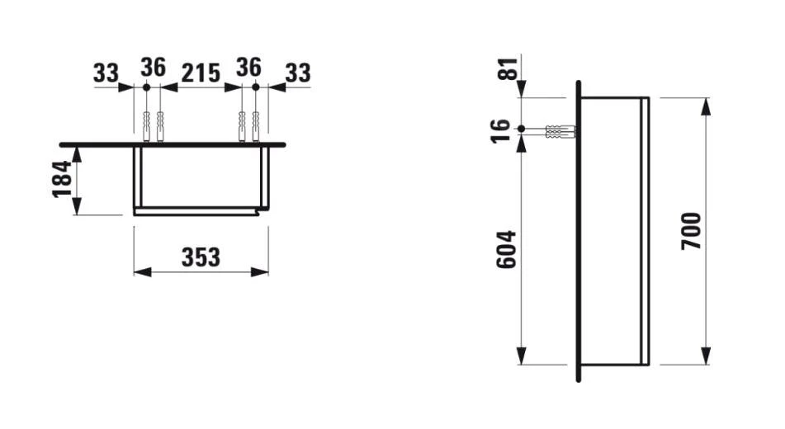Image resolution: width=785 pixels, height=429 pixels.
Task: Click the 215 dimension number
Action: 201,73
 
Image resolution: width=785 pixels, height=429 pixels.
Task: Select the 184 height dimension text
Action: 63,179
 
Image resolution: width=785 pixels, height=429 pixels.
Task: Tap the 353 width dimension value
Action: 201,257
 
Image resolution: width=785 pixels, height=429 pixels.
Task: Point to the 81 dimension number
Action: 513,68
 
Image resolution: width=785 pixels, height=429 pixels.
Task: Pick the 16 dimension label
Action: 501,130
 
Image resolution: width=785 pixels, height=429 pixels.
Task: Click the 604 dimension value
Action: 505,248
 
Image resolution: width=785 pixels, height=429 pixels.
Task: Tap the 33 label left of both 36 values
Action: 106,73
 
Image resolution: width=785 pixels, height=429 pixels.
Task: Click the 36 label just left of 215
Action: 153,67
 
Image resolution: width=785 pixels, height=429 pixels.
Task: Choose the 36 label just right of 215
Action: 249,67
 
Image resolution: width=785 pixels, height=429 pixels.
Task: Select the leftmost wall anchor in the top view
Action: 146,126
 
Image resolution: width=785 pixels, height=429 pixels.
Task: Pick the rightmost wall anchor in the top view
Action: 256,126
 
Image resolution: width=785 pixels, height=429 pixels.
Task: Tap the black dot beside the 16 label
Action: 522,130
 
